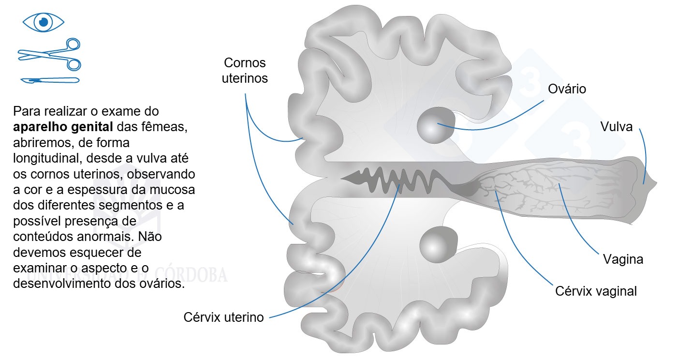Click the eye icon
point(44,22)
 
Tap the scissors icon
point(49,55)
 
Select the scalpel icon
point(50,80)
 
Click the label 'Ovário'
point(567,89)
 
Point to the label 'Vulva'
point(616,127)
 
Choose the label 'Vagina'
point(623,259)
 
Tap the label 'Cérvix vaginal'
point(596,291)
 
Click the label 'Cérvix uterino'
point(223,317)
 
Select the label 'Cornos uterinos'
point(245,71)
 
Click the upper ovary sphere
point(436,125)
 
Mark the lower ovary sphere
point(438,244)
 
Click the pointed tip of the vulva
point(657,182)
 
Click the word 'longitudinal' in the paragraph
point(48,158)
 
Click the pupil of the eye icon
point(44,22)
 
